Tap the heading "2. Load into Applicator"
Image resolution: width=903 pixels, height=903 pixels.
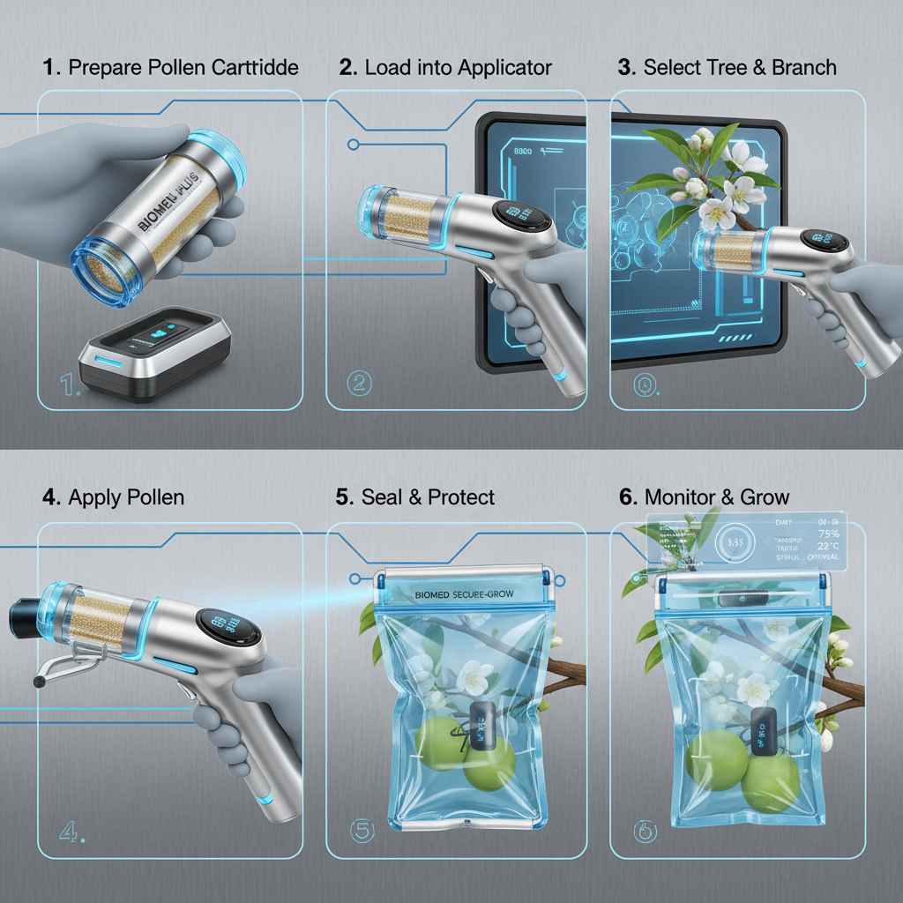tap(445, 68)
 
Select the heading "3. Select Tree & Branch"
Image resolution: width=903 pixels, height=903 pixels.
tap(728, 68)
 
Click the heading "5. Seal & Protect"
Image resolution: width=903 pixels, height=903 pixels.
tap(414, 497)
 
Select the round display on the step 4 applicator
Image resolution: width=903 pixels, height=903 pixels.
tap(232, 629)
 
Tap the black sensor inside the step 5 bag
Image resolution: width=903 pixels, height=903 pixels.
tap(483, 727)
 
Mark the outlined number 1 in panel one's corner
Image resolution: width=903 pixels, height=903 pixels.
tap(69, 384)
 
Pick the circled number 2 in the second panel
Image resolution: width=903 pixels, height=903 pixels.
tap(360, 383)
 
